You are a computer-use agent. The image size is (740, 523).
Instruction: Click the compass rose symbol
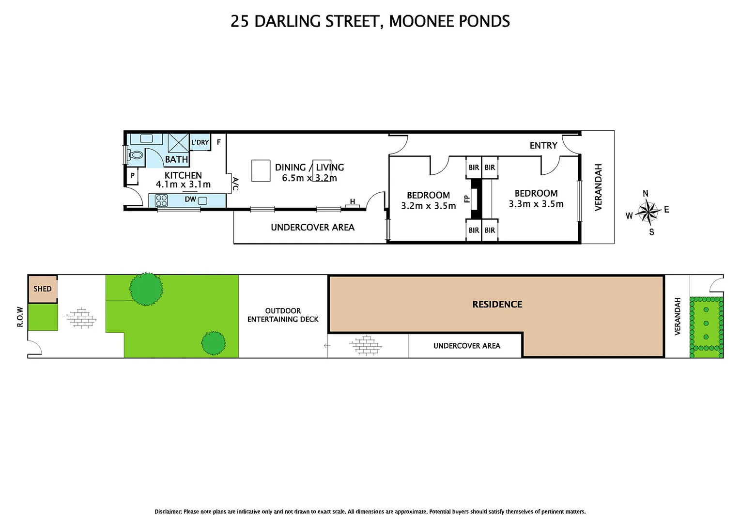pyautogui.click(x=648, y=212)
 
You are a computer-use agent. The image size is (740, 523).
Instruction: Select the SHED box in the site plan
pyautogui.click(x=43, y=289)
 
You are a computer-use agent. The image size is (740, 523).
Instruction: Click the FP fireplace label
pyautogui.click(x=467, y=199)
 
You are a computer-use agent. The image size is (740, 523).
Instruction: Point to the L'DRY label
pyautogui.click(x=200, y=142)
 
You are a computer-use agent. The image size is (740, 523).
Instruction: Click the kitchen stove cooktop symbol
pyautogui.click(x=161, y=200)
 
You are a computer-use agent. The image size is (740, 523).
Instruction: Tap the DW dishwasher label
pyautogui.click(x=190, y=200)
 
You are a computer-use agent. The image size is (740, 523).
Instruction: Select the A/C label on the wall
pyautogui.click(x=235, y=184)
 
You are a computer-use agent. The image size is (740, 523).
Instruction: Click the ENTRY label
pyautogui.click(x=543, y=145)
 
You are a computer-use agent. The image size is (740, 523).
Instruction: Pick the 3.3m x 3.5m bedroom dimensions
pyautogui.click(x=536, y=204)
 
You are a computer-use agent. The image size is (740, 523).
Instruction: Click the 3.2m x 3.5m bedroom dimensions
pyautogui.click(x=428, y=206)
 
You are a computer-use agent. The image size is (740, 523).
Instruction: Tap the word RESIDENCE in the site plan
pyautogui.click(x=497, y=305)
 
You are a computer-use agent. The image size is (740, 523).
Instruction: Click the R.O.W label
pyautogui.click(x=20, y=317)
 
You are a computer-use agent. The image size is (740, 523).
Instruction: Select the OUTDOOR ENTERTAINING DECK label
pyautogui.click(x=283, y=315)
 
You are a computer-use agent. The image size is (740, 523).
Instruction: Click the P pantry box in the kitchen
pyautogui.click(x=132, y=176)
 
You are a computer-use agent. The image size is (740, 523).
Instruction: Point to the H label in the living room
pyautogui.click(x=352, y=201)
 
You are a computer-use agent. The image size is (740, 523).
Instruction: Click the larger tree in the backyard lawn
pyautogui.click(x=146, y=289)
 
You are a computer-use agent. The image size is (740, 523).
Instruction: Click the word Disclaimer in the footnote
pyautogui.click(x=168, y=511)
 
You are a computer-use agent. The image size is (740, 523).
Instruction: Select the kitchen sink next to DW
pyautogui.click(x=202, y=200)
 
